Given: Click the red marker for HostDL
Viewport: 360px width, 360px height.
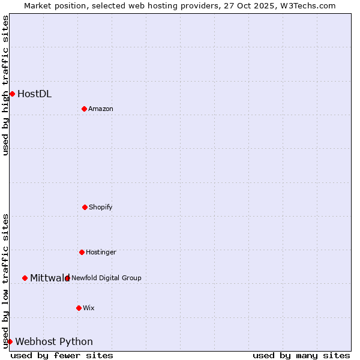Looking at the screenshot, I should (x=12, y=94).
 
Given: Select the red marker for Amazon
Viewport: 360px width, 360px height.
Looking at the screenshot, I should (x=84, y=109).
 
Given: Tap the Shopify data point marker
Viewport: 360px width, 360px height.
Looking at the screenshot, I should (x=85, y=207).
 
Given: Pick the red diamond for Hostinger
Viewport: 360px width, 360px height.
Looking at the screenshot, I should (x=82, y=252).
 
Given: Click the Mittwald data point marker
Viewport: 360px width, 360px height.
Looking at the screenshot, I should (x=25, y=278).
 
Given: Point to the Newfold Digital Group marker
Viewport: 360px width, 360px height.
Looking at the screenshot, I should (x=67, y=278).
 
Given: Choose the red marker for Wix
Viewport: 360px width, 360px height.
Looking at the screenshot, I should (x=79, y=308).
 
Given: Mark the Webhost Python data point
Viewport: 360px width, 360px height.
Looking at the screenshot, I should (x=10, y=341).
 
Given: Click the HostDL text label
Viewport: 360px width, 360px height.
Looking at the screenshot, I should (x=34, y=94).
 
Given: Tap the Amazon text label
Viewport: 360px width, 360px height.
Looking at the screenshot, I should (x=101, y=109).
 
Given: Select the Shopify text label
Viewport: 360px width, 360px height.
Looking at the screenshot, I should (x=101, y=207).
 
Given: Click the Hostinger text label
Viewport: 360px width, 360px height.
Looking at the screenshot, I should (x=101, y=252).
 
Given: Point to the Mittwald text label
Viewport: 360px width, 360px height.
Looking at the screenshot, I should (x=49, y=278).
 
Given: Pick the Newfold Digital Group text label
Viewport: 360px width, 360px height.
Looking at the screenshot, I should (x=106, y=278).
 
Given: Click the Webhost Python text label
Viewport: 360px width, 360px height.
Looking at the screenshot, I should (x=54, y=341).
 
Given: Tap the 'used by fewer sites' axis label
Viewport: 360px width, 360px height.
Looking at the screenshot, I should (x=62, y=355).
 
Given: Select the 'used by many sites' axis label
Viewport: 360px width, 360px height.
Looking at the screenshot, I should (x=301, y=355).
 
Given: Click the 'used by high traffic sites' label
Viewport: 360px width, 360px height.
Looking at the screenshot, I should (x=5, y=85).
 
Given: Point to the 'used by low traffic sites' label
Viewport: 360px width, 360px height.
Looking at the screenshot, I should (x=5, y=281).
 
